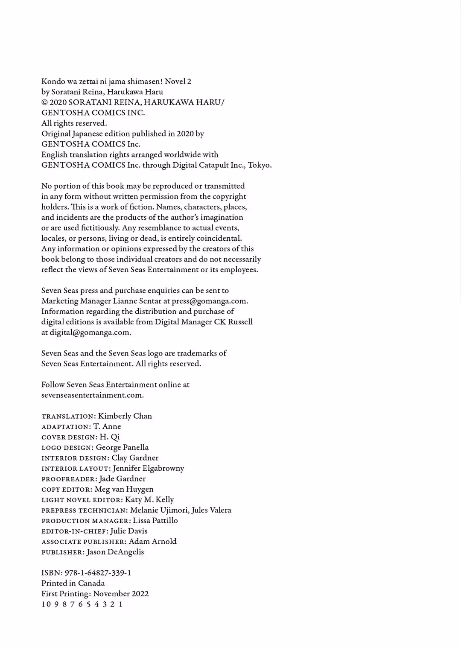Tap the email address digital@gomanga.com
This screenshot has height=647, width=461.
[90, 332]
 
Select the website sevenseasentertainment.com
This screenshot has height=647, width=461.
[92, 395]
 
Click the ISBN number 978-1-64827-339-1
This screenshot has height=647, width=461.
[98, 573]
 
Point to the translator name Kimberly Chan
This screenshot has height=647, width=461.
[125, 416]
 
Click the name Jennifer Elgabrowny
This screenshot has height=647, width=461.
[149, 468]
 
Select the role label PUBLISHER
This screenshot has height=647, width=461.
[62, 552]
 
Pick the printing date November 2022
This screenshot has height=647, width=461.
[121, 594]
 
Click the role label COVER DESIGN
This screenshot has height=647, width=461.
[69, 437]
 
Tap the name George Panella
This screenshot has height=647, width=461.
[122, 447]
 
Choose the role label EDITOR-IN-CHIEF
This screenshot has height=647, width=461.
[74, 531]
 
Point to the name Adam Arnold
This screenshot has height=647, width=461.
[153, 542]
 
